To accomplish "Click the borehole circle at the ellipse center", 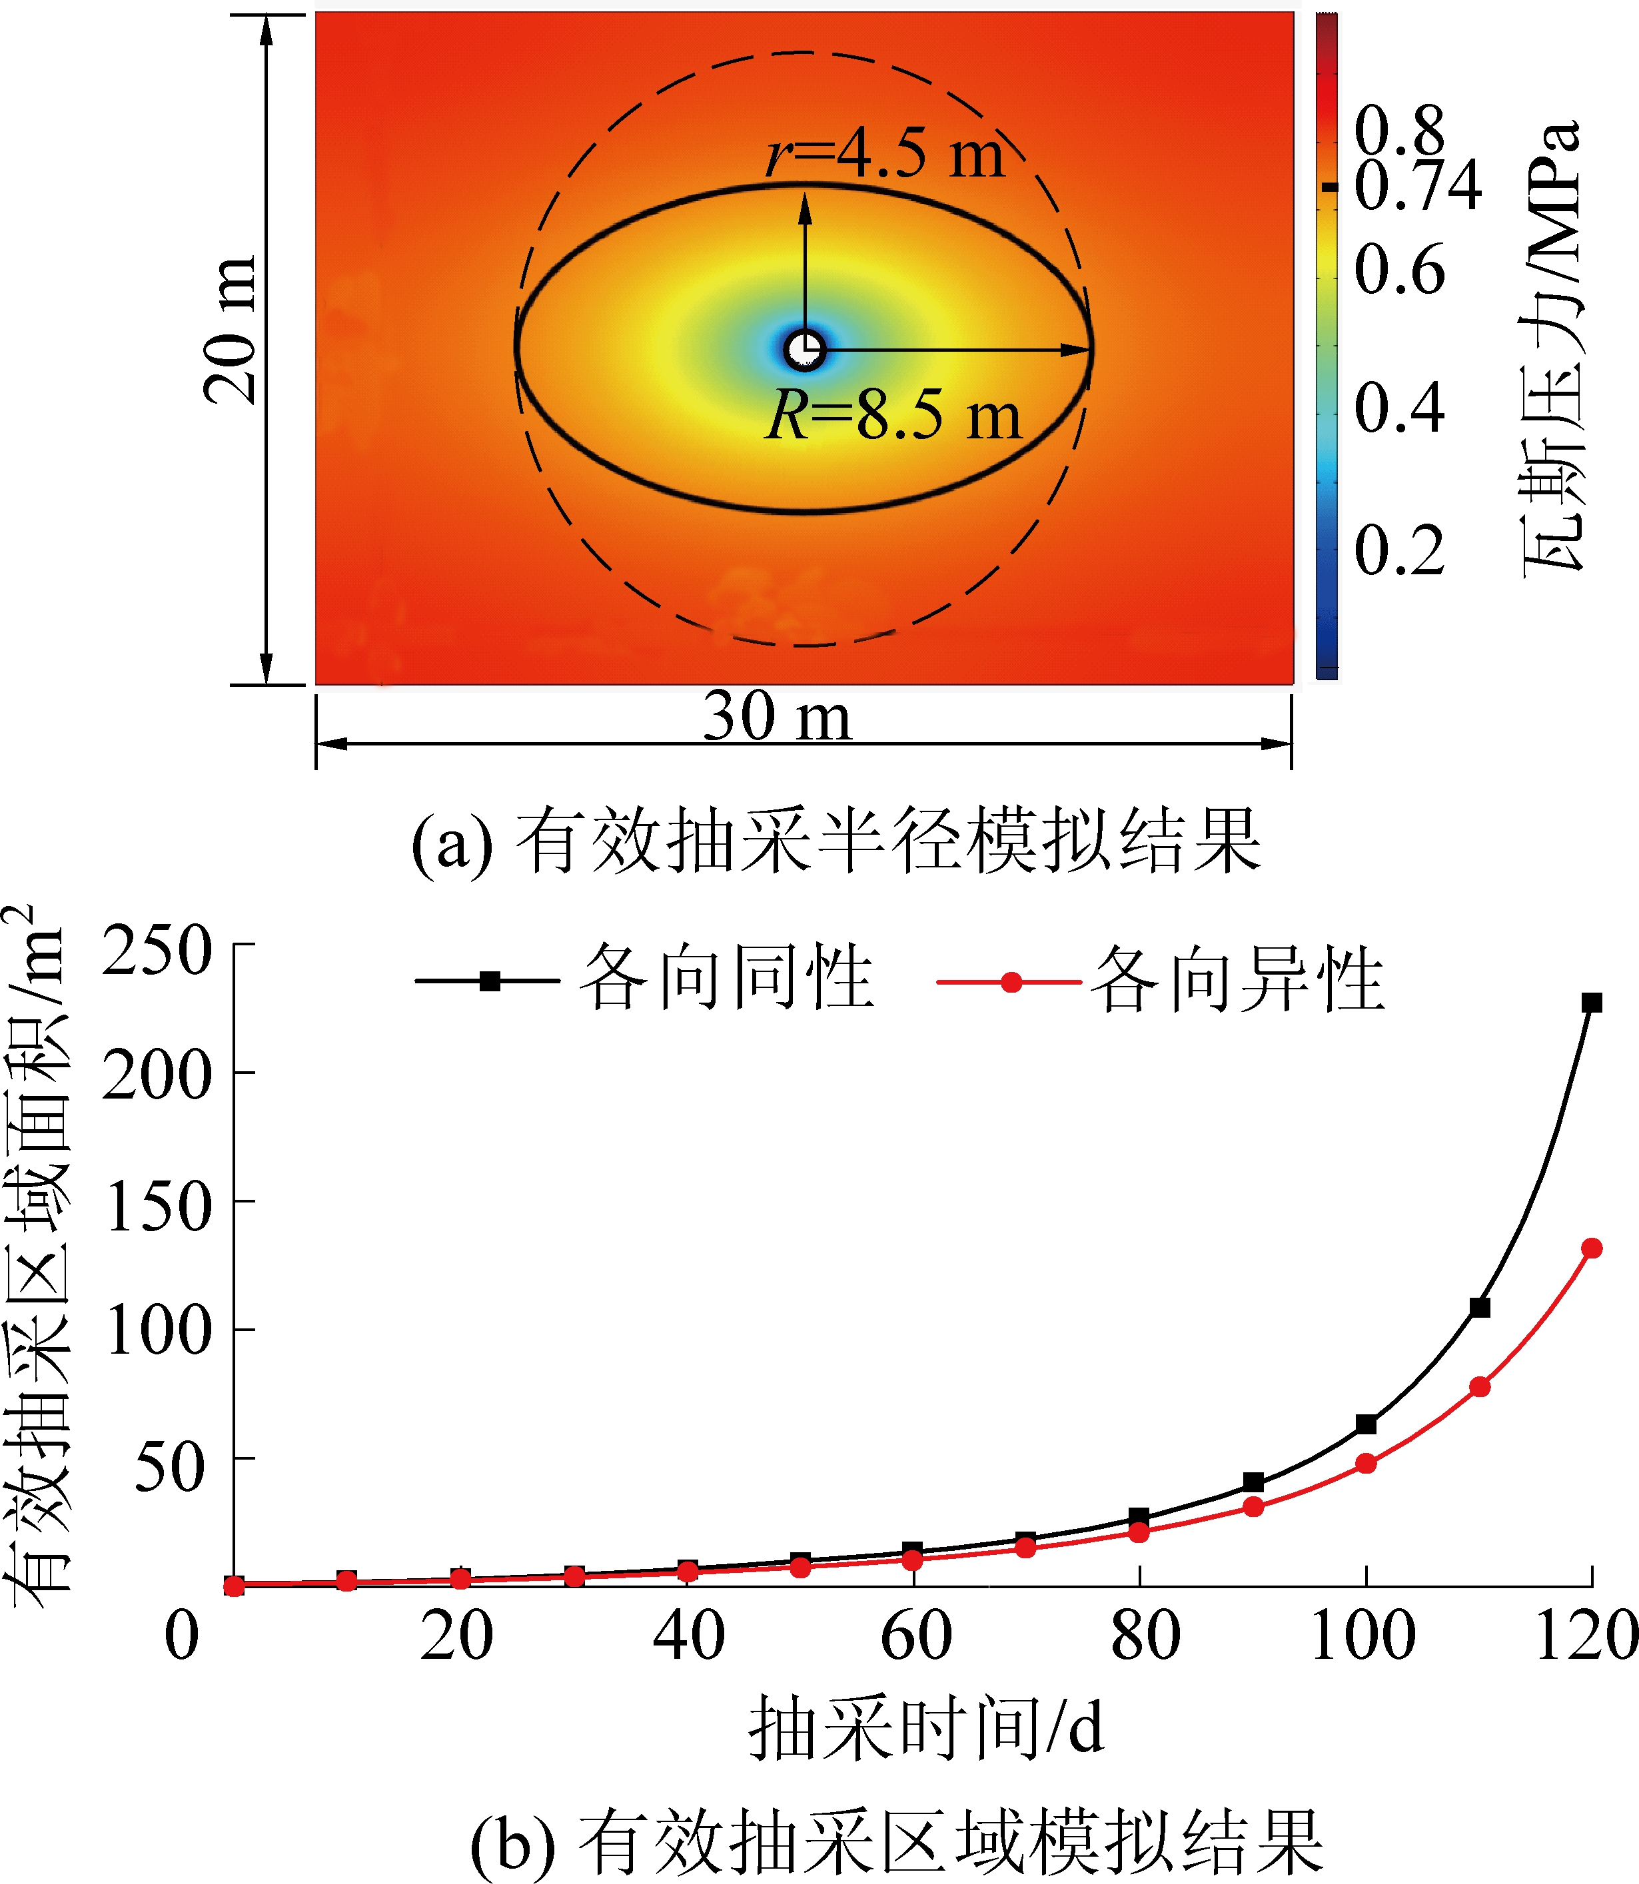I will [805, 349].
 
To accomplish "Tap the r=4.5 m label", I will [883, 153].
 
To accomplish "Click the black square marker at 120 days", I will [1592, 1003].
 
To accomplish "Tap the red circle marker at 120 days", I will [1592, 1248].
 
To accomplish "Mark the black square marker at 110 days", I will [1480, 1308].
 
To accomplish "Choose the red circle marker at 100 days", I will [1366, 1464].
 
